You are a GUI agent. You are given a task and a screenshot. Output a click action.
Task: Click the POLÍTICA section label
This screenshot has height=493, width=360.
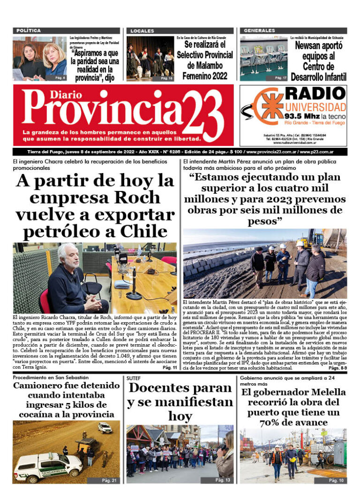point(29,30)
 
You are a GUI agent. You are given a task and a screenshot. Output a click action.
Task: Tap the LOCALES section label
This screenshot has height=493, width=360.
point(142,31)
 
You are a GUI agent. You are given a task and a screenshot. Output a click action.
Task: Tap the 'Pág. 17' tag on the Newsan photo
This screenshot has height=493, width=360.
point(281,77)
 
